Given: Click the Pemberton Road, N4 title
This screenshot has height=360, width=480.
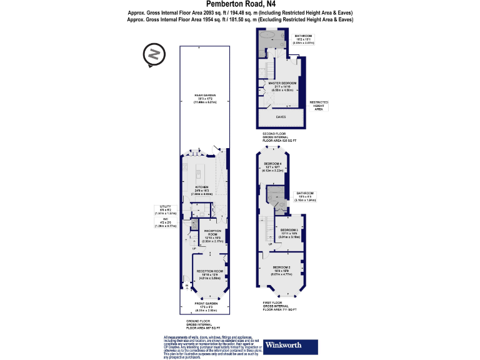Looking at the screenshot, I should click(239, 4).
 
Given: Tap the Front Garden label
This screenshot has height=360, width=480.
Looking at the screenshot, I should click(202, 306).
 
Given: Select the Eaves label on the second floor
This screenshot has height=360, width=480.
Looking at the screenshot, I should click(281, 116).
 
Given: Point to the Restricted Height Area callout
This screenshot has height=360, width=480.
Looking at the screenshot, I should click(319, 104).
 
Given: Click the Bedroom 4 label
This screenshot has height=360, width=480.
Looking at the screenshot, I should click(273, 165).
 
